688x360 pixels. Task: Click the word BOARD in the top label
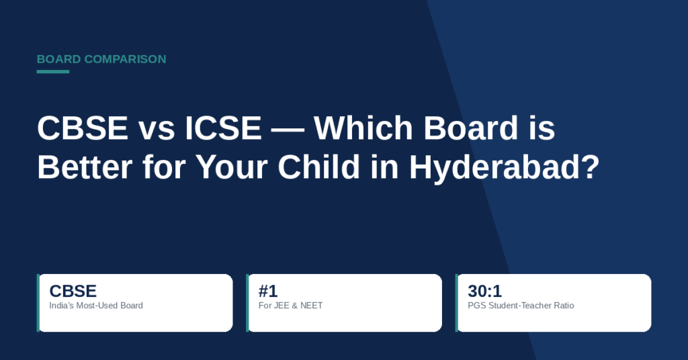coord(59,59)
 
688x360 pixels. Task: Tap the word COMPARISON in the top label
coord(126,59)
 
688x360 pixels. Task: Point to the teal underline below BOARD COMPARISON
coord(53,71)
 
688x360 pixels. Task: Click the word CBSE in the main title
coord(83,128)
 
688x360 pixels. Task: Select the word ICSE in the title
coord(223,128)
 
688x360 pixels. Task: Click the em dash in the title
coord(288,130)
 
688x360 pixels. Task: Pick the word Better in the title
coord(85,167)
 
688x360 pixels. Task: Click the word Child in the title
coord(319,167)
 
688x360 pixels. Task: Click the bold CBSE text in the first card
coord(73,291)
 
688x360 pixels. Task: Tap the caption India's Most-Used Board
coord(96,306)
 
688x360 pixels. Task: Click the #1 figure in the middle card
coord(268,291)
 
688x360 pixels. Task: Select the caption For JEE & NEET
coord(290,306)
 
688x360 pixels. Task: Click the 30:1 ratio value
coord(485,291)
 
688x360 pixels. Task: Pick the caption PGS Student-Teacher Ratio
coord(521,306)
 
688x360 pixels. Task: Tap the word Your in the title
coord(232,167)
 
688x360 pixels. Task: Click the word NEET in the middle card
coord(312,306)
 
